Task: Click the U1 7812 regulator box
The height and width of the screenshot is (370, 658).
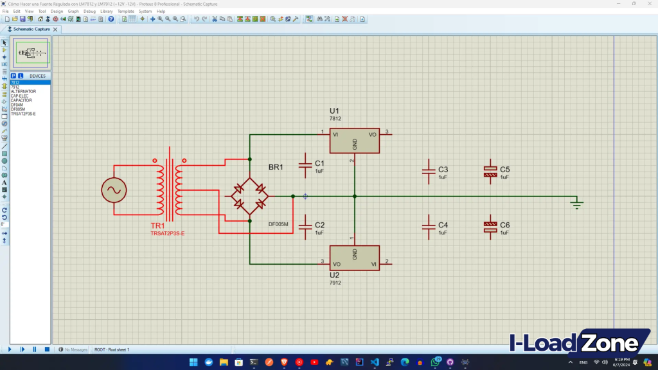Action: click(354, 141)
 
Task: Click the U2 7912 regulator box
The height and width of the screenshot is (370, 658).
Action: click(354, 258)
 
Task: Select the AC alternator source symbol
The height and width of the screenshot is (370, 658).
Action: click(114, 190)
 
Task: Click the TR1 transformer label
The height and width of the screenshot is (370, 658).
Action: click(158, 226)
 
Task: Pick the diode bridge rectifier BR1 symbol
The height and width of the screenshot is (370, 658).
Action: click(250, 196)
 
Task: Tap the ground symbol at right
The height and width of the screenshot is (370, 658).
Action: click(577, 204)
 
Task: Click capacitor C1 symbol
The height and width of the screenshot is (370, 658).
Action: click(306, 165)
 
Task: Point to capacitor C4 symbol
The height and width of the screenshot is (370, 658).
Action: click(429, 226)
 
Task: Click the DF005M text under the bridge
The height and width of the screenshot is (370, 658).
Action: click(278, 224)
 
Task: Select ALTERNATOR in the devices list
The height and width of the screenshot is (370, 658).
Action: click(24, 91)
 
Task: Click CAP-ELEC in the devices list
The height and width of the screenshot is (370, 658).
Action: click(20, 96)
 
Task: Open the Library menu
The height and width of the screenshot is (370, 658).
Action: click(107, 12)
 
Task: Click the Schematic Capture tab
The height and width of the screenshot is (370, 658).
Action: click(31, 29)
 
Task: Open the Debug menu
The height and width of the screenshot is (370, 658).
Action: click(89, 12)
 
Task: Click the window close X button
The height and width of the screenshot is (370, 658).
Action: click(650, 3)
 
